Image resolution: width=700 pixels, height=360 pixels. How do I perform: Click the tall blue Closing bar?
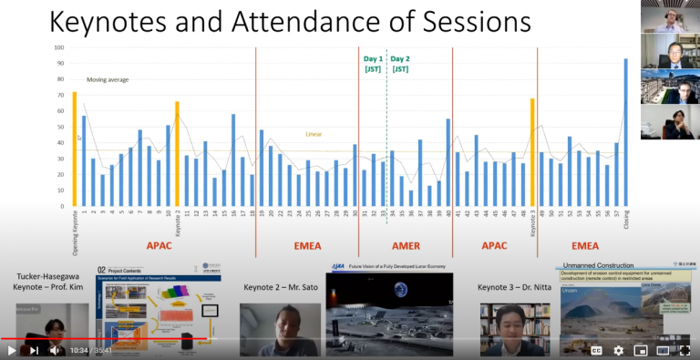[625, 132]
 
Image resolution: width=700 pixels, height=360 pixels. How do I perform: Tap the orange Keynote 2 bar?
[177, 153]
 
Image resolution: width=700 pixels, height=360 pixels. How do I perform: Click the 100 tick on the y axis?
[59, 47]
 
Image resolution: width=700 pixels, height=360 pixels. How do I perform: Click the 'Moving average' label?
[108, 79]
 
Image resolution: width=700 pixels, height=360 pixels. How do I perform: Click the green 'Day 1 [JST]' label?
[373, 63]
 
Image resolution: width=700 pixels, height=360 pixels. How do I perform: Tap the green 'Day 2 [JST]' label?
[401, 63]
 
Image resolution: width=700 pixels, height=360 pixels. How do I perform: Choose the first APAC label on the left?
[160, 244]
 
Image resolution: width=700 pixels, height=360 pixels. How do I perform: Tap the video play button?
[13, 349]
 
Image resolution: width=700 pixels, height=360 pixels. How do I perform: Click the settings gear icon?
[618, 349]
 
